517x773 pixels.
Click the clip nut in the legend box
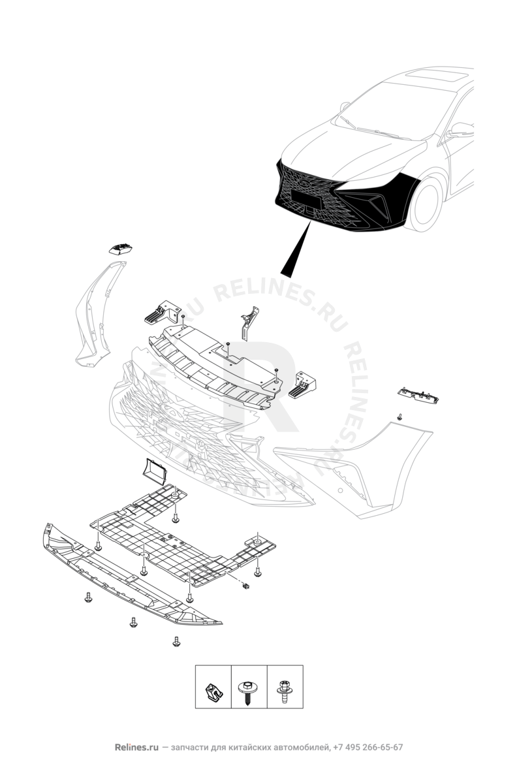tap(213, 687)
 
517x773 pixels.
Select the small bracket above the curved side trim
tap(121, 248)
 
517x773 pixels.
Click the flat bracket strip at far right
tap(418, 395)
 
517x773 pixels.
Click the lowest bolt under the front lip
tap(176, 641)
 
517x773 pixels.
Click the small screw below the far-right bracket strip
tap(399, 417)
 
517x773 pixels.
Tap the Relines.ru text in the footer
tap(136, 747)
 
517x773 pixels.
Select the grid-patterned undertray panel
tap(183, 534)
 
